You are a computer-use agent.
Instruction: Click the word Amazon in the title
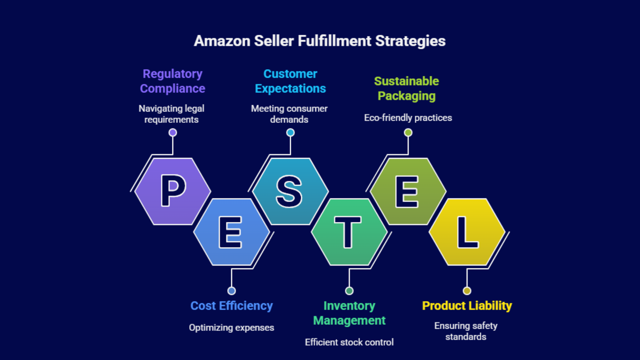(222, 41)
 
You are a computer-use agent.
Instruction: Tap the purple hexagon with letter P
(173, 191)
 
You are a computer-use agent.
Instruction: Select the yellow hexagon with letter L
(467, 232)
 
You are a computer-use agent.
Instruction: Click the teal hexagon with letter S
(290, 191)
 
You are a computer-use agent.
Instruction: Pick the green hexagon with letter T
(349, 232)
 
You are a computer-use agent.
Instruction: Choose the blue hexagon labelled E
(231, 232)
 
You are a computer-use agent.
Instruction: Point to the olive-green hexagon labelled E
(408, 191)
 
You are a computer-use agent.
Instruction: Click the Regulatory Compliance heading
(172, 81)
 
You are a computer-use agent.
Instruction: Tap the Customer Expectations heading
(290, 81)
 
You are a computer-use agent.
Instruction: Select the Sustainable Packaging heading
(406, 88)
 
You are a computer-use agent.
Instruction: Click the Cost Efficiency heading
(231, 306)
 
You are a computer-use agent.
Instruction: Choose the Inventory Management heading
(349, 313)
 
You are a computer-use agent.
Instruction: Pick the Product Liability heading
(467, 306)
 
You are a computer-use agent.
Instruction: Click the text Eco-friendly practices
(408, 118)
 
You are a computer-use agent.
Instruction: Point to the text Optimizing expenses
(231, 328)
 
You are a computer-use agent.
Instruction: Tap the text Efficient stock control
(349, 342)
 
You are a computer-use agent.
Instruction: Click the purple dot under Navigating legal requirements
(172, 132)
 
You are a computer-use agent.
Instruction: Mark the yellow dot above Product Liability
(467, 291)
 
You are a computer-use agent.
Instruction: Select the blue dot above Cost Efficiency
(231, 291)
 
